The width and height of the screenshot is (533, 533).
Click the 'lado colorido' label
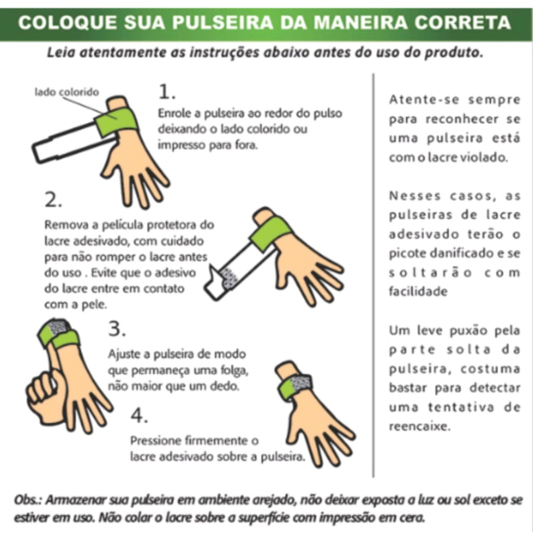pos(67,92)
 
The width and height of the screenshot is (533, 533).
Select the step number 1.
pos(167,92)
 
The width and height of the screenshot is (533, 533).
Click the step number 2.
pos(54,199)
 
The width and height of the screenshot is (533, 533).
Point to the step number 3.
pos(117,329)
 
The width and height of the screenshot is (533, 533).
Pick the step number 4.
pos(139,415)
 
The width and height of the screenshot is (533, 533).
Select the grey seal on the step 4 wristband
pos(301,383)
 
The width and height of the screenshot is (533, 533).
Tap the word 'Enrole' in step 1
pos(175,113)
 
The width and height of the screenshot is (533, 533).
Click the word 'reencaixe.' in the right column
pos(420,426)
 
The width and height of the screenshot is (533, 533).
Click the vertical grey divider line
pos(373,275)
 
